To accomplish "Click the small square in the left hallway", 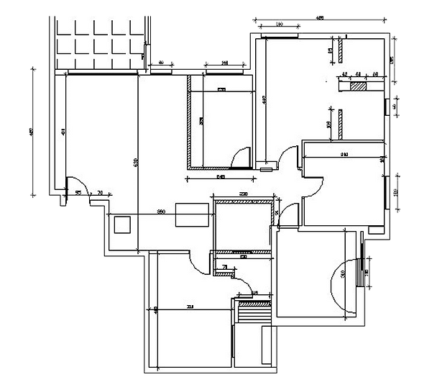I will (x=123, y=225).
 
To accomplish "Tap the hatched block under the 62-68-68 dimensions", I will (x=356, y=86).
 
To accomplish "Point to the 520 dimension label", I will (x=136, y=163).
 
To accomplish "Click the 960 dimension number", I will (x=162, y=211).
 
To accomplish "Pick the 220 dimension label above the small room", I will (x=243, y=194).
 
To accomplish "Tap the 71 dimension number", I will (x=226, y=267).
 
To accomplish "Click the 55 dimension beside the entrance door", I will (x=78, y=192).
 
